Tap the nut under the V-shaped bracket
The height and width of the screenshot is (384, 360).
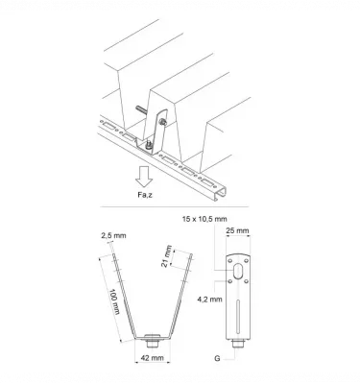click(x=151, y=340)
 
